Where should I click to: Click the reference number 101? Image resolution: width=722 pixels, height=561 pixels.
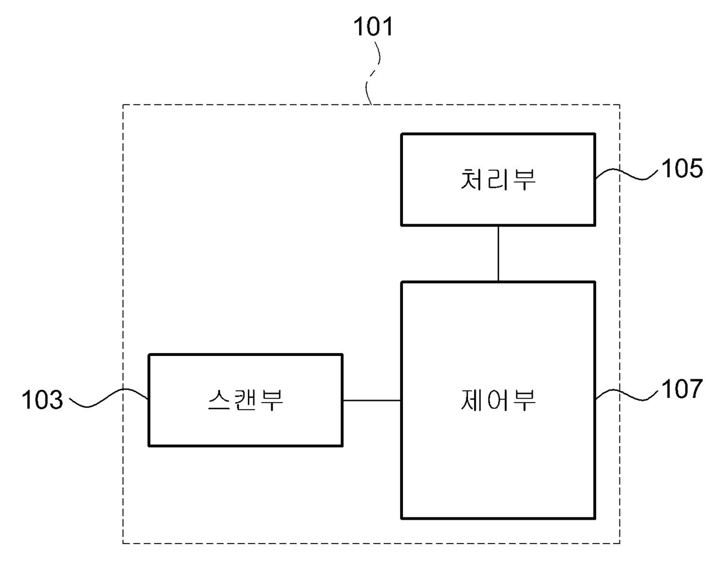[x=373, y=27]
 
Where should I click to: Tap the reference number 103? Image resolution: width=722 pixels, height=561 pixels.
[x=42, y=400]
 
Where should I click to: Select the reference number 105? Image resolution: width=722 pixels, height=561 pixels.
[x=682, y=168]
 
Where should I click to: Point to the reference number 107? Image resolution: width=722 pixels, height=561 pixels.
[x=682, y=389]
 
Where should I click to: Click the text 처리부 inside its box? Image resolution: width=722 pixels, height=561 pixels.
[x=498, y=179]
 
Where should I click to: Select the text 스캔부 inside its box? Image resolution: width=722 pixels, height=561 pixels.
[x=245, y=400]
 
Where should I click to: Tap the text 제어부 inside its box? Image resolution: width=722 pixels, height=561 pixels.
[x=498, y=400]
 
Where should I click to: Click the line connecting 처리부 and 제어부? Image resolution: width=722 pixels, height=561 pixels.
[x=498, y=253]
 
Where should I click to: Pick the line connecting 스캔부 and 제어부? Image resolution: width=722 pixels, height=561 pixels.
[x=371, y=400]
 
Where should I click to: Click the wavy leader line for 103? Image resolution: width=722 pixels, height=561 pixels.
[x=108, y=398]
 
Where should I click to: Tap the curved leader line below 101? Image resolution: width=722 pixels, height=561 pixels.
[x=373, y=79]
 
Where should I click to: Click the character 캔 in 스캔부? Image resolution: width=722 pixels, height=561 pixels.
[x=245, y=400]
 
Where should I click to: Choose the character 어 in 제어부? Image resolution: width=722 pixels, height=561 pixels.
[x=498, y=400]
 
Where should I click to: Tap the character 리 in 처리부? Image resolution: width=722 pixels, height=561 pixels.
[x=498, y=179]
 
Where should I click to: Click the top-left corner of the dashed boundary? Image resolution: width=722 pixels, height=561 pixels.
[x=123, y=105]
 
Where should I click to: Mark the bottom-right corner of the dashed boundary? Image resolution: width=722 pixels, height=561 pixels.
[x=620, y=543]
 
